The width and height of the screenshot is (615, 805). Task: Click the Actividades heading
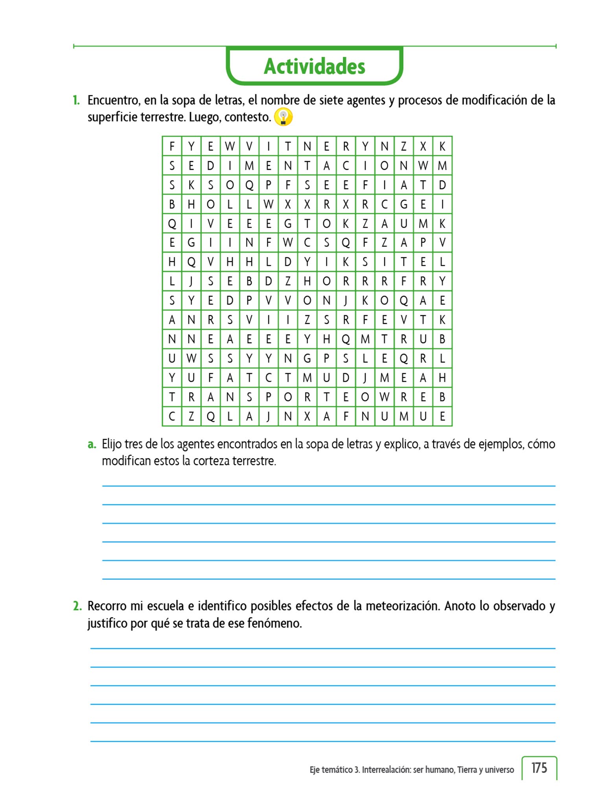coord(314,66)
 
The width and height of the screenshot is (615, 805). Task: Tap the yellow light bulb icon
coord(283,117)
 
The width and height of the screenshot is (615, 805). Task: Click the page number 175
coord(539,768)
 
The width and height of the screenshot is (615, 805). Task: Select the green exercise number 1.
coord(76,100)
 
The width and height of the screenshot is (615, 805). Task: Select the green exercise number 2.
coord(77,606)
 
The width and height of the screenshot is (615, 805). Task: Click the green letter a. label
coord(92,444)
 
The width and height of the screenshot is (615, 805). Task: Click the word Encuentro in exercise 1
coord(114,100)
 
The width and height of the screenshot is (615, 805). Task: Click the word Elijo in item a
coord(111,444)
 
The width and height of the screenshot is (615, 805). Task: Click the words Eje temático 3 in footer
coord(334,770)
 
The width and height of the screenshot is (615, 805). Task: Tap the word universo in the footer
coord(499,770)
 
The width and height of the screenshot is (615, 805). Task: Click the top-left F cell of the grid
coord(172,146)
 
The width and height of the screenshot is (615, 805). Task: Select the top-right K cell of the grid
coord(442,146)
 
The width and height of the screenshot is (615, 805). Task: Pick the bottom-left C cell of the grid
coord(172,416)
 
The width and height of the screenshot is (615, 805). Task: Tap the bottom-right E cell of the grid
coord(442,416)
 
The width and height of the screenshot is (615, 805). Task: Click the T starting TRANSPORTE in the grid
coord(172,397)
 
